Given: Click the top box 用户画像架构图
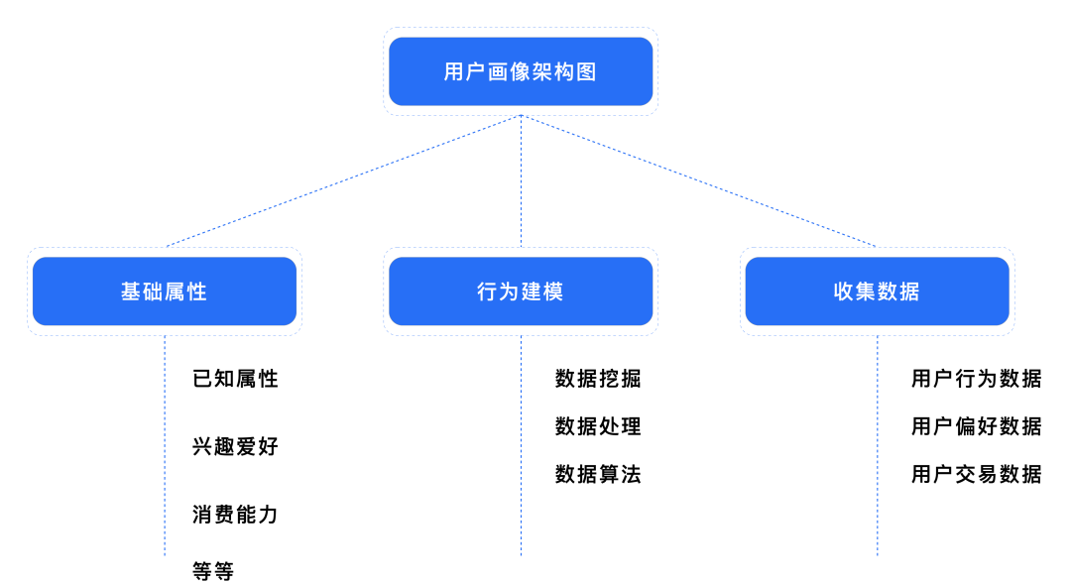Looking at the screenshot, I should [521, 71].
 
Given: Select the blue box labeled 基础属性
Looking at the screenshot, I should [165, 292].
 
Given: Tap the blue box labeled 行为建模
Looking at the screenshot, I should [521, 292].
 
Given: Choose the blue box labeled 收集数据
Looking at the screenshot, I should [877, 292].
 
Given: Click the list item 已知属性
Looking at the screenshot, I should [235, 379].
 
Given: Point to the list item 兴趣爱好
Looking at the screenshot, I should [235, 446].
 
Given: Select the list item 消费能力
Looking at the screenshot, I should [235, 515].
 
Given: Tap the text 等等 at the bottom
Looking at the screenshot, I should [213, 571].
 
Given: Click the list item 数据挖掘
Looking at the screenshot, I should [598, 379].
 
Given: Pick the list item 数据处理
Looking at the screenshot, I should [598, 426].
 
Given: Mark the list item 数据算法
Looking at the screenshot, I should [598, 474].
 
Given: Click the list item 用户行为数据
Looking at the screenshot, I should [977, 379].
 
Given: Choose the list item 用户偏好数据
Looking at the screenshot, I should [977, 426].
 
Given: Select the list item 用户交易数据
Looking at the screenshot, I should [977, 474].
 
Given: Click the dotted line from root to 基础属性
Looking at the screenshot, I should [343, 180].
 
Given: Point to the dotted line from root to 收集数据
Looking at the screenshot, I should [698, 180].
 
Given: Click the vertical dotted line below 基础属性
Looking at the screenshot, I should [165, 446].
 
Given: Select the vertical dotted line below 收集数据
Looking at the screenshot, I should [877, 446].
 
